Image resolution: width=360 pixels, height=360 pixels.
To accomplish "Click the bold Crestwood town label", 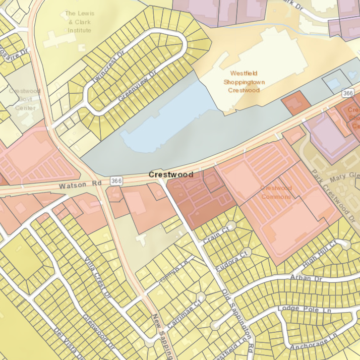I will click(x=171, y=174).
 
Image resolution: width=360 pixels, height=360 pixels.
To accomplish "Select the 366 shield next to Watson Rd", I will click(x=116, y=181).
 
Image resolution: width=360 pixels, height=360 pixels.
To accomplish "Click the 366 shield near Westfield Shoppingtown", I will click(x=347, y=93).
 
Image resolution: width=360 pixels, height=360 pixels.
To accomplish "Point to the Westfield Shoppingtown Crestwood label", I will click(x=244, y=82).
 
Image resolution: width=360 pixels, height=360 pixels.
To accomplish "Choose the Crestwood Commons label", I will click(x=276, y=192).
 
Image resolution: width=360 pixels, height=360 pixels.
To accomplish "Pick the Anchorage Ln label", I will click(x=312, y=341).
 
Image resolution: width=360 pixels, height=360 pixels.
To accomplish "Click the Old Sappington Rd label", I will click(x=238, y=323).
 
